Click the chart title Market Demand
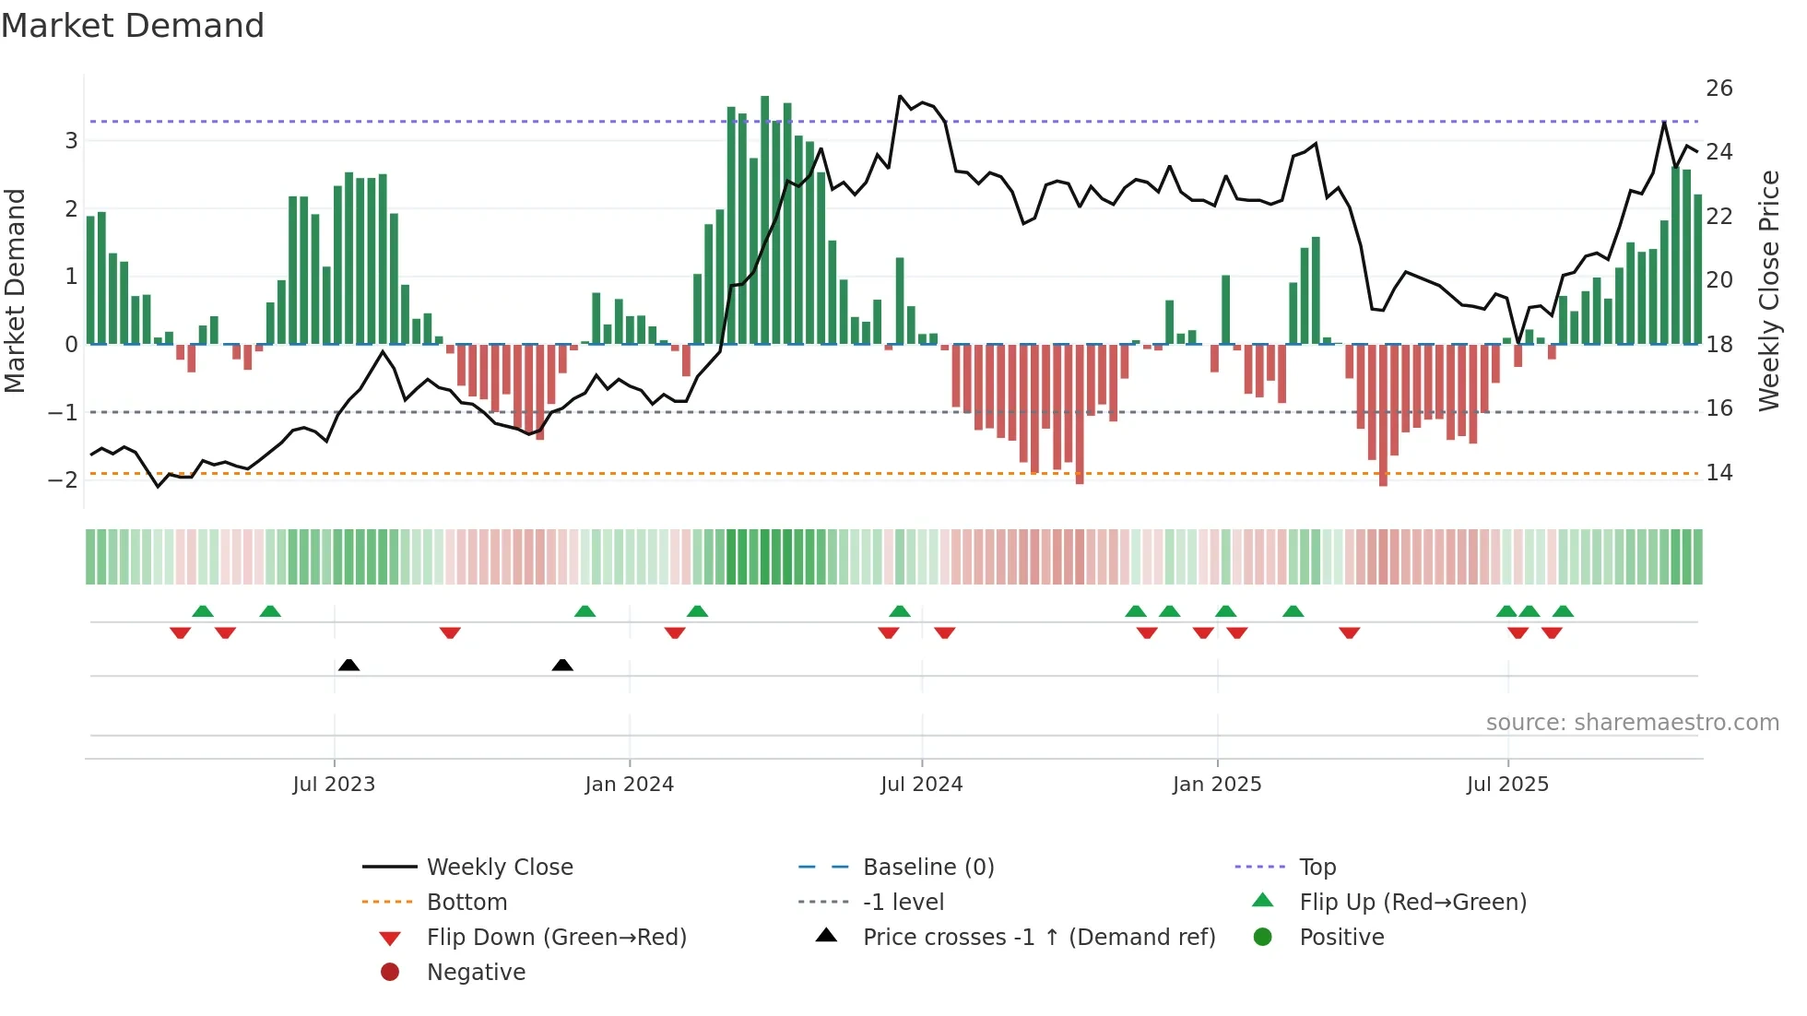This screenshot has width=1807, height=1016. [x=133, y=26]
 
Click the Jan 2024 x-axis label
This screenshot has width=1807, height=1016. [x=629, y=785]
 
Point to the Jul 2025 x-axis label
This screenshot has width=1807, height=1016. [x=1507, y=785]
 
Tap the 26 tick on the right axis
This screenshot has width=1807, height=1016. [x=1718, y=89]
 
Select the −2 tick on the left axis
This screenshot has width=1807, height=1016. [x=63, y=479]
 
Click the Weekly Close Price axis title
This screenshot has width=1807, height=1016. [x=1768, y=290]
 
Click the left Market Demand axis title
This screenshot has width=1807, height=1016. [x=15, y=290]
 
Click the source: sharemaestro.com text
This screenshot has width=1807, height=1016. [x=1632, y=723]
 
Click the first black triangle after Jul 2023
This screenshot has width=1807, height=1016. [x=348, y=665]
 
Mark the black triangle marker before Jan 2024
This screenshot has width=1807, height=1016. [x=562, y=665]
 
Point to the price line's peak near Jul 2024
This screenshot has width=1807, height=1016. [x=900, y=96]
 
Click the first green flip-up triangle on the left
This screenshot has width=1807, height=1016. [x=203, y=611]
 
